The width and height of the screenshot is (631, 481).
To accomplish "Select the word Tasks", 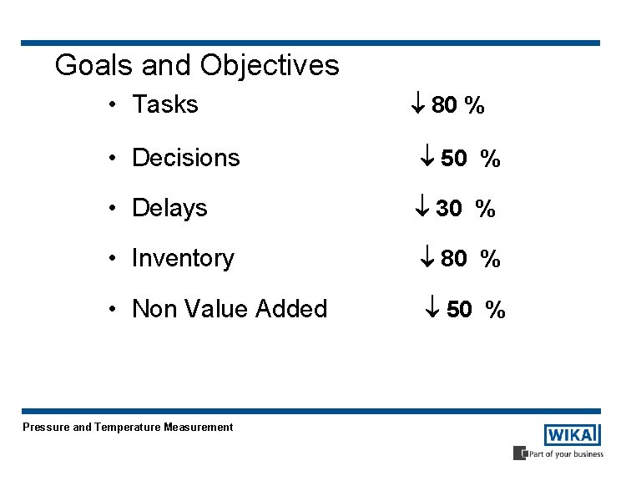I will (x=165, y=104).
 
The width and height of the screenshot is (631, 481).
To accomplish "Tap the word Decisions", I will (x=185, y=157).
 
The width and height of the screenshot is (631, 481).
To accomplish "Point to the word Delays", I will (x=169, y=207).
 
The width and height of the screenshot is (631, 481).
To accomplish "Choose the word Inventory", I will (x=183, y=258).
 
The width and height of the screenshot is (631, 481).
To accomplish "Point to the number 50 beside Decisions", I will (x=453, y=159).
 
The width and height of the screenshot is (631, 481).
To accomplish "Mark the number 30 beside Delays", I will (x=448, y=209).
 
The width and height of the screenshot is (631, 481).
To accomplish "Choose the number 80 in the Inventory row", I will (x=453, y=259).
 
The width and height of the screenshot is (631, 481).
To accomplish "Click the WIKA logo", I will (x=572, y=435).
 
